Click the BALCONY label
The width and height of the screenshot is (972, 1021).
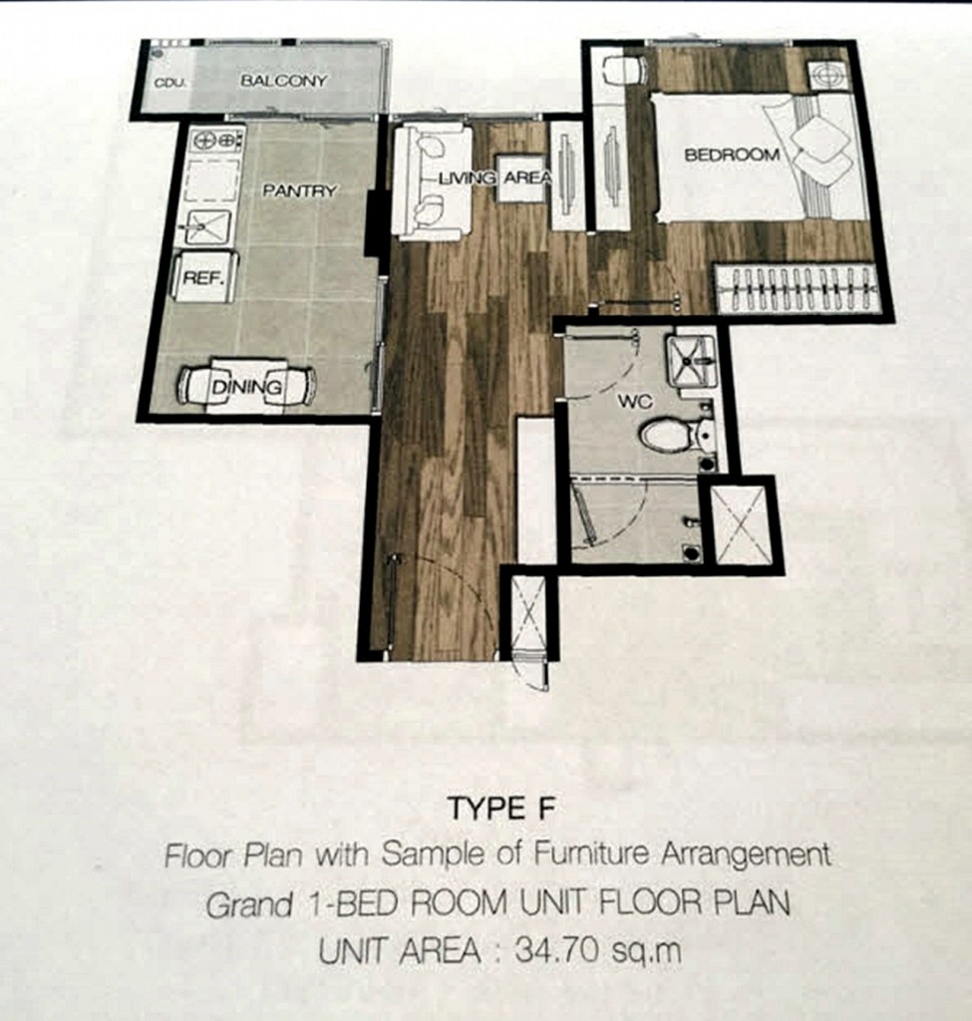(283, 81)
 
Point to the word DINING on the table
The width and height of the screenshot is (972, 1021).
(246, 386)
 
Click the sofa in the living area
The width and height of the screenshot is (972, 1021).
(429, 180)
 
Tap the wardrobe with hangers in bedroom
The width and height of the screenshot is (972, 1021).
(798, 289)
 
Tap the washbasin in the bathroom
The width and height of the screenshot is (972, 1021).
(690, 360)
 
